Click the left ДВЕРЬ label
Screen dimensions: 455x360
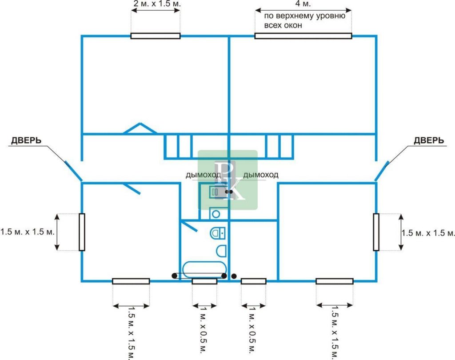click(x=26, y=140)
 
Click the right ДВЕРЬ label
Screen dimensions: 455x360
click(x=429, y=140)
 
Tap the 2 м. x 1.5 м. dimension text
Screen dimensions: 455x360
click(x=157, y=4)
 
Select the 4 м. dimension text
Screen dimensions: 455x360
click(x=303, y=4)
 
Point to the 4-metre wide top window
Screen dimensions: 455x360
click(x=303, y=36)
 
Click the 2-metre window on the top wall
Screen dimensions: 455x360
click(x=156, y=36)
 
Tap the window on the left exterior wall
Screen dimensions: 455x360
click(x=82, y=232)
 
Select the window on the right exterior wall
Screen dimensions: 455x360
click(x=376, y=232)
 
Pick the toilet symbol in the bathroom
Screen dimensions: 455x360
click(x=218, y=233)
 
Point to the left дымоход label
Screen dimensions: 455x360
click(x=204, y=175)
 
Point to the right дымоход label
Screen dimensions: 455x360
click(x=260, y=175)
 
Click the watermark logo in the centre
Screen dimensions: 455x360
click(x=228, y=180)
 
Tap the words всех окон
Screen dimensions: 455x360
click(x=283, y=25)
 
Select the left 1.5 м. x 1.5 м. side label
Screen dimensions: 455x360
click(x=27, y=232)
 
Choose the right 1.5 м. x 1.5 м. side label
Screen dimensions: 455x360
click(x=428, y=233)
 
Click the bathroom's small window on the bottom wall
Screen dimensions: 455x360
click(x=204, y=281)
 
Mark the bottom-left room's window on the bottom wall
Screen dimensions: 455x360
click(x=131, y=281)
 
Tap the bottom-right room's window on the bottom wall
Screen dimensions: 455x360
click(x=335, y=281)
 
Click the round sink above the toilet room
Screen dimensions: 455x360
click(x=216, y=214)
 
